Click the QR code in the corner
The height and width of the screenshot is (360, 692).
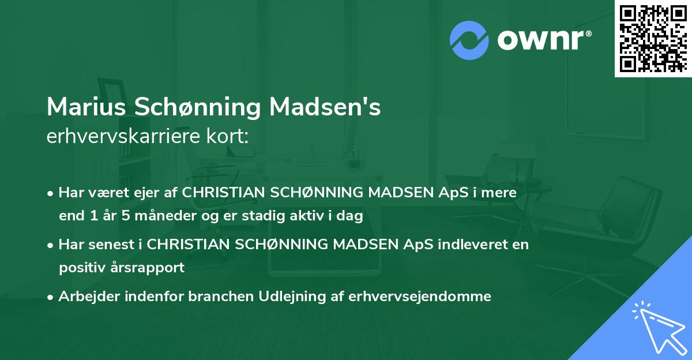(x=653, y=38)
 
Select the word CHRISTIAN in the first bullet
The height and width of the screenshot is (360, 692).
(x=224, y=193)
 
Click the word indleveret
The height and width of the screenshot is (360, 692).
(x=445, y=244)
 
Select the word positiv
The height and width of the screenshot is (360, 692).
(x=82, y=268)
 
